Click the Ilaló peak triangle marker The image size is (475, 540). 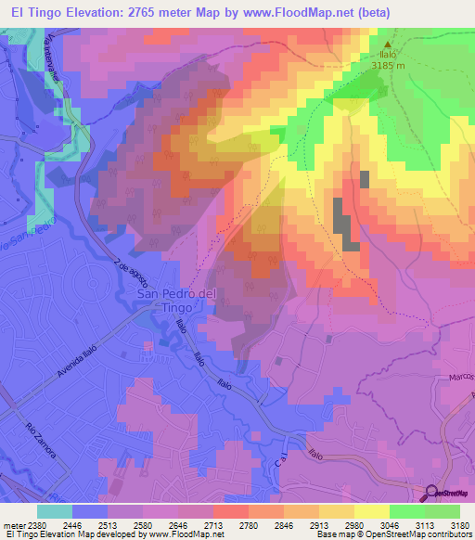coord(388,44)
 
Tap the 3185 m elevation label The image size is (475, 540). coord(388,66)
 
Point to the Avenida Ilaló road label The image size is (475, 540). coord(76,361)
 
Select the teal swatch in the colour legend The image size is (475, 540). coord(54,511)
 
